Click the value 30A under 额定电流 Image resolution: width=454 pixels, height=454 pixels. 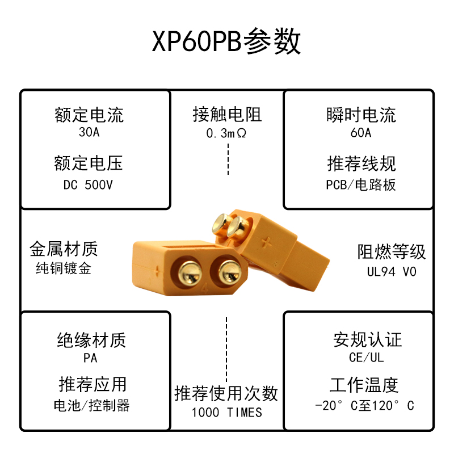[x=89, y=133]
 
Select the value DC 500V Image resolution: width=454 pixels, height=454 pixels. [x=89, y=185]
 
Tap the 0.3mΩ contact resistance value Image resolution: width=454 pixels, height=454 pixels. [x=226, y=133]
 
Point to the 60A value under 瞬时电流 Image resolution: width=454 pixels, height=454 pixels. [x=361, y=133]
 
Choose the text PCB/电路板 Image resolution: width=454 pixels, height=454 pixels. [x=361, y=185]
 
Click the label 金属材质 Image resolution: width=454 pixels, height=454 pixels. [x=64, y=249]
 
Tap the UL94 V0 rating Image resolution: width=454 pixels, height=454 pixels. [x=392, y=272]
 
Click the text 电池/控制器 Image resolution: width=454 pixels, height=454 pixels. [x=91, y=406]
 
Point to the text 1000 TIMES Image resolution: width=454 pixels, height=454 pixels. [x=226, y=413]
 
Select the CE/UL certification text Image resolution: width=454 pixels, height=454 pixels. [x=367, y=358]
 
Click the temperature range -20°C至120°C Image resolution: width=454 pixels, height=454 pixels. [x=364, y=406]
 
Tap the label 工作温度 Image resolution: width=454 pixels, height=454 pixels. [x=364, y=385]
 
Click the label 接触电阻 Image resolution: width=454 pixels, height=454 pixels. [x=226, y=115]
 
